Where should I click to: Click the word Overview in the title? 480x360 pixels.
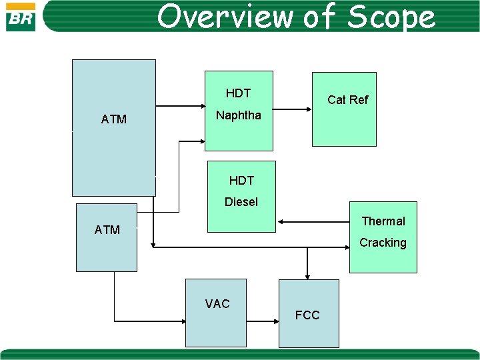pyautogui.click(x=225, y=17)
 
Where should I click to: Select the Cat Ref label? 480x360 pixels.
pyautogui.click(x=347, y=100)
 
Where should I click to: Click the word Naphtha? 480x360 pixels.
pyautogui.click(x=239, y=115)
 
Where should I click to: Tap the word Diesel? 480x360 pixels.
pyautogui.click(x=241, y=201)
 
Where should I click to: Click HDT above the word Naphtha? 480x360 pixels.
pyautogui.click(x=238, y=93)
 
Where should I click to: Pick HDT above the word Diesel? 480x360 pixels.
pyautogui.click(x=241, y=180)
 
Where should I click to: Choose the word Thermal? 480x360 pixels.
pyautogui.click(x=383, y=221)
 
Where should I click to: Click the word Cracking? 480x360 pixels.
pyautogui.click(x=383, y=243)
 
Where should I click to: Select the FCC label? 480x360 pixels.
pyautogui.click(x=307, y=315)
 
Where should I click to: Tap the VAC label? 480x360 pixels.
pyautogui.click(x=217, y=304)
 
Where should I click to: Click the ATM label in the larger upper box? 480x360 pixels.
pyautogui.click(x=114, y=119)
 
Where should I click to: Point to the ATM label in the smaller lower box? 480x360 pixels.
pyautogui.click(x=107, y=230)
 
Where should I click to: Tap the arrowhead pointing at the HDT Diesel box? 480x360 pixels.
pyautogui.click(x=281, y=221)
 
